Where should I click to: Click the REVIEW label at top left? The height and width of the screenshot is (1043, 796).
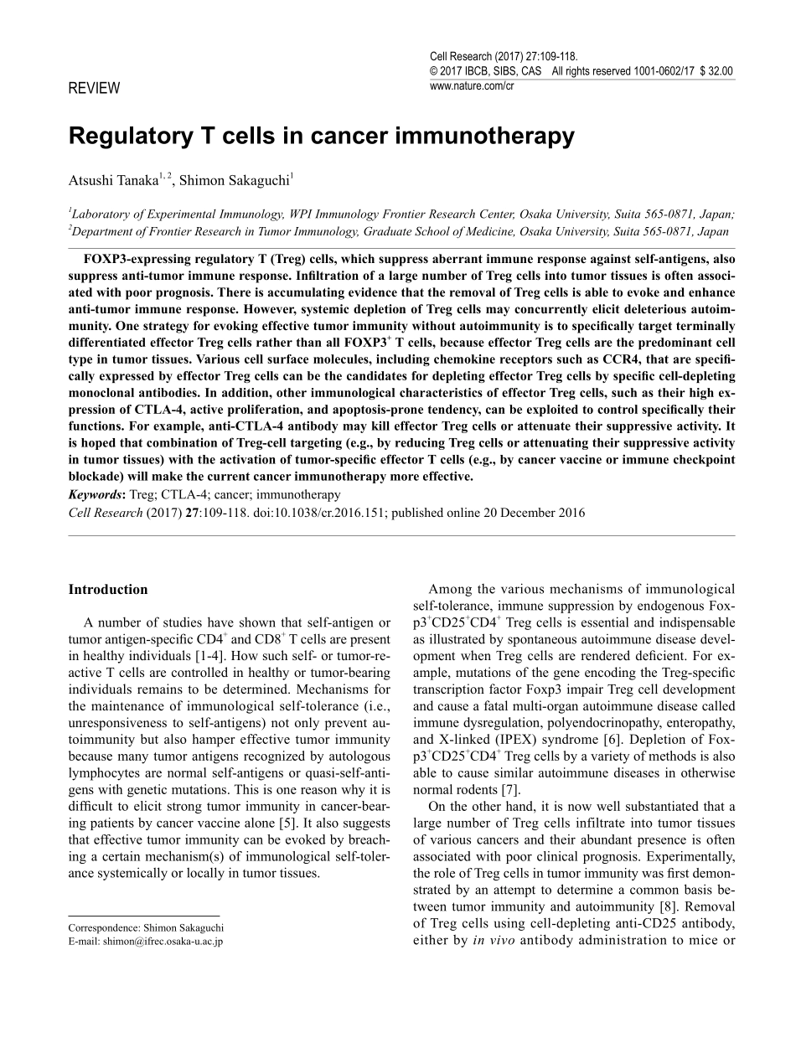click(x=94, y=88)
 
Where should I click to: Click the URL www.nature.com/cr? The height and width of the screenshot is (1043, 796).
click(x=471, y=85)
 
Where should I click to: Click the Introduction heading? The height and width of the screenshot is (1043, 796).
click(x=107, y=589)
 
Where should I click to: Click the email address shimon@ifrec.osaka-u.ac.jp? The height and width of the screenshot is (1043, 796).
click(x=163, y=941)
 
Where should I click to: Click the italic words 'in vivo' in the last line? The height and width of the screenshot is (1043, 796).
click(x=488, y=941)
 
